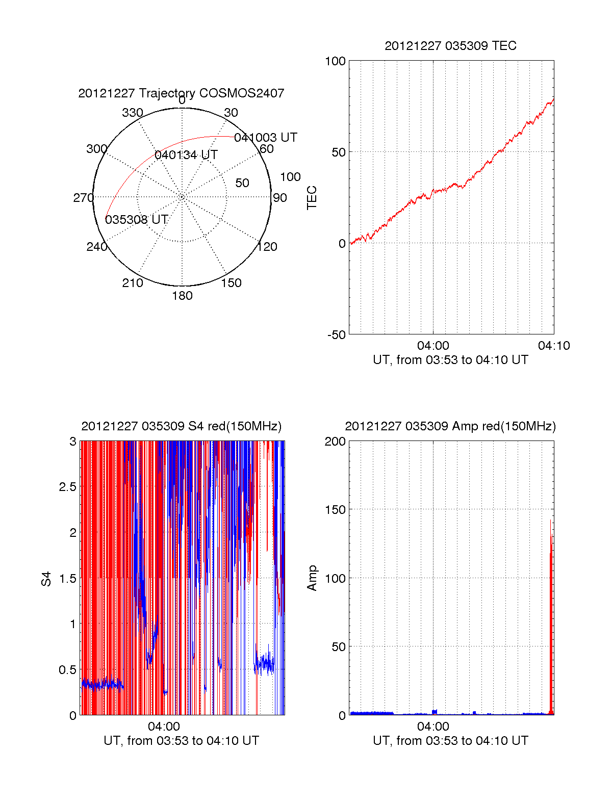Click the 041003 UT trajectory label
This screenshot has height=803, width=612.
[x=265, y=138]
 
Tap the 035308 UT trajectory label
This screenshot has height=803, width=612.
[x=136, y=220]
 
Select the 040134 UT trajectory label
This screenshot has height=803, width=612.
[x=186, y=155]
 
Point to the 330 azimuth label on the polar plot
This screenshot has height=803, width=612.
[x=132, y=113]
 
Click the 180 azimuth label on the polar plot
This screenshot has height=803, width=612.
[x=182, y=296]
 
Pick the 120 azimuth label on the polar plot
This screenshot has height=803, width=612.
[x=267, y=247]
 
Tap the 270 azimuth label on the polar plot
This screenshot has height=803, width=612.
[x=83, y=198]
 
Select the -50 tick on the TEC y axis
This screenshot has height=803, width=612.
[x=336, y=335]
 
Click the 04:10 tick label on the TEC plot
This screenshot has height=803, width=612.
[x=554, y=346]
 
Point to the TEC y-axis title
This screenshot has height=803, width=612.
[x=312, y=198]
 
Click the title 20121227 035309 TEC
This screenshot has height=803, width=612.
[x=450, y=46]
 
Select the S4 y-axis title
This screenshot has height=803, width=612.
[x=46, y=579]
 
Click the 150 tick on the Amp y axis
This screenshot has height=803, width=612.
[x=335, y=510]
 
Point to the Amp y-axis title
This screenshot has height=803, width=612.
[x=312, y=578]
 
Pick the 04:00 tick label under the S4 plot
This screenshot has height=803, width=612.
[x=164, y=727]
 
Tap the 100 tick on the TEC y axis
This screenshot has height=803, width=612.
[x=335, y=61]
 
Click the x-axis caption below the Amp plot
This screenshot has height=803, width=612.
[x=450, y=741]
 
